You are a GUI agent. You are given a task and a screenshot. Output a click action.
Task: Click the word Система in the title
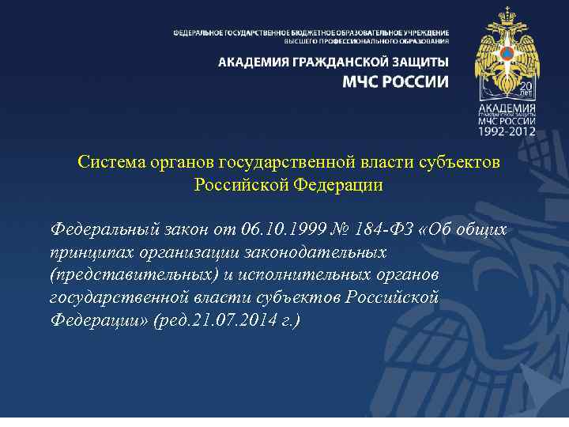(x=110, y=162)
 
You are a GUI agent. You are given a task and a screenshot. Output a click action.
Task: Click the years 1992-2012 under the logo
(x=506, y=130)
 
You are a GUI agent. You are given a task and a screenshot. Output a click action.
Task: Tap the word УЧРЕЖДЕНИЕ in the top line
(x=418, y=32)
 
